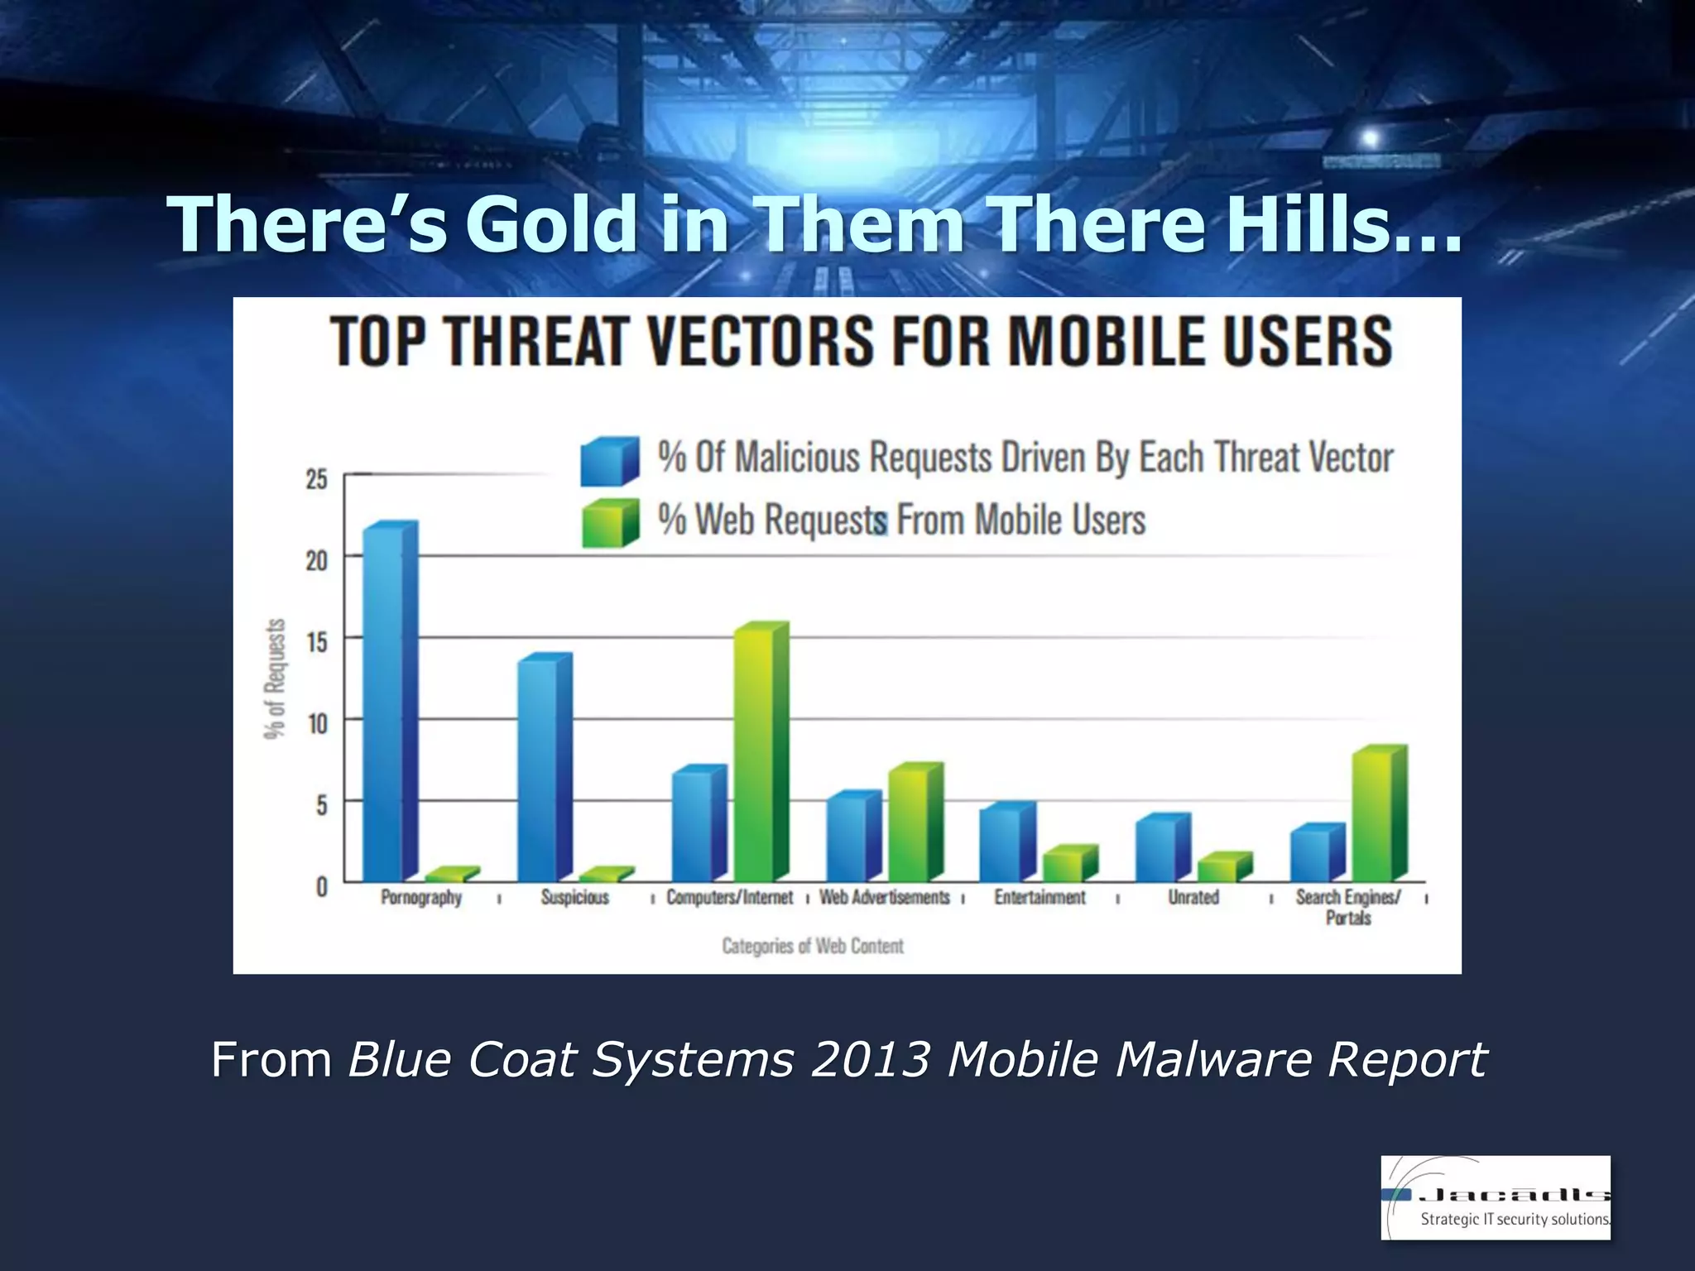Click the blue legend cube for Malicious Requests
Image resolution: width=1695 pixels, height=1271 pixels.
click(x=608, y=460)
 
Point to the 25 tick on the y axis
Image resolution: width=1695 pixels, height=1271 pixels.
click(x=317, y=479)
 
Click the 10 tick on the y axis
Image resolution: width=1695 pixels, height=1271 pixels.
click(x=317, y=724)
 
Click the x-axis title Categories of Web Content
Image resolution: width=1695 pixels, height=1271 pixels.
click(x=812, y=946)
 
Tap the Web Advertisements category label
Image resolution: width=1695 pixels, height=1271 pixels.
click(x=884, y=898)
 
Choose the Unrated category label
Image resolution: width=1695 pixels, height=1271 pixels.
click(x=1193, y=898)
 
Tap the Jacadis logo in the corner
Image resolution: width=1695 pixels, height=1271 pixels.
click(x=1495, y=1197)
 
